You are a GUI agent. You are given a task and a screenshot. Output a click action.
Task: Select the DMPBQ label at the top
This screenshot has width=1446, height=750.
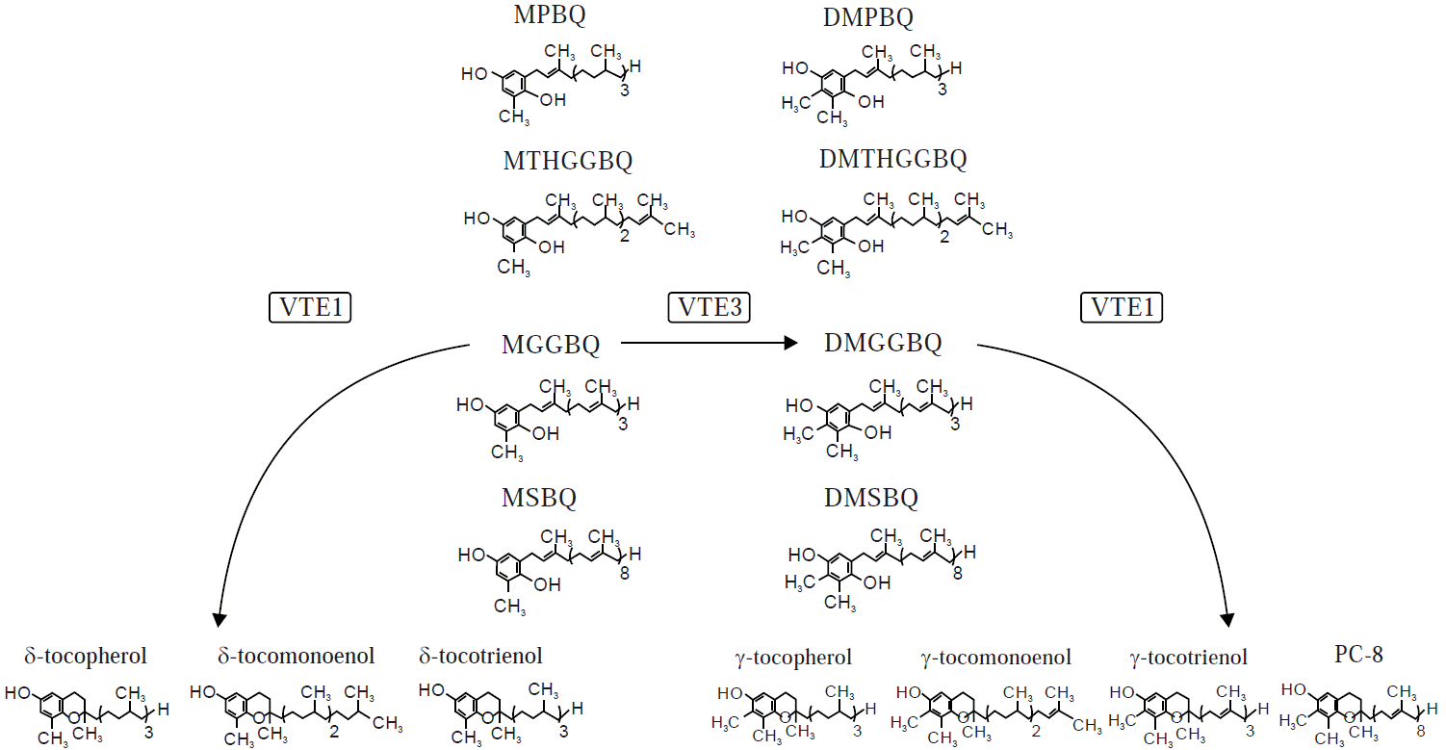point(869,16)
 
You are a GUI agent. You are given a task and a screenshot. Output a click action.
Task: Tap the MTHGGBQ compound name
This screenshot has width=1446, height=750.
point(568,161)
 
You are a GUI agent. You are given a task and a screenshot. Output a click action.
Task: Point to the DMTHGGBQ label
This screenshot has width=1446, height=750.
point(892,160)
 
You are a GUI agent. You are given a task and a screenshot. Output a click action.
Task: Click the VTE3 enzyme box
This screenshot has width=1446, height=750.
point(710,308)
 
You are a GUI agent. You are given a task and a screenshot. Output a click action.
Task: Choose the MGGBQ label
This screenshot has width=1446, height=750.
point(551,344)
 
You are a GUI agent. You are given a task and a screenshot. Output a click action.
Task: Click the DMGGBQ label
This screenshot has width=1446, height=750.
point(883,343)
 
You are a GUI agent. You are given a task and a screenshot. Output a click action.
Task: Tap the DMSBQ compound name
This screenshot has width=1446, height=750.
point(871,498)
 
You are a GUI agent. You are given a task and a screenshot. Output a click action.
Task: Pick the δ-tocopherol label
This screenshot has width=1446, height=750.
point(86,657)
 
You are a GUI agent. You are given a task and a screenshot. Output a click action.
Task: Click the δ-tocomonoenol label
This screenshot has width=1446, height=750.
point(297,657)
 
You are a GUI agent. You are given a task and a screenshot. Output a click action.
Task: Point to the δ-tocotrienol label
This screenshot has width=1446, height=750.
point(480,657)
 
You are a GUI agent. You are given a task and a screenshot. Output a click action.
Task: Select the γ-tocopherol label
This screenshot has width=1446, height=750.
point(792,658)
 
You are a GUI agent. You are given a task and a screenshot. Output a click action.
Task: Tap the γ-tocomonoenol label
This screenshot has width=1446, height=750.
point(995,658)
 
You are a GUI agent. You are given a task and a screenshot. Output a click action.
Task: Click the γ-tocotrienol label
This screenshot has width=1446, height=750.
point(1188,658)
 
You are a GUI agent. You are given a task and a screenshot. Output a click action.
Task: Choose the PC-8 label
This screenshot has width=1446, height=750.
point(1358,656)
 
